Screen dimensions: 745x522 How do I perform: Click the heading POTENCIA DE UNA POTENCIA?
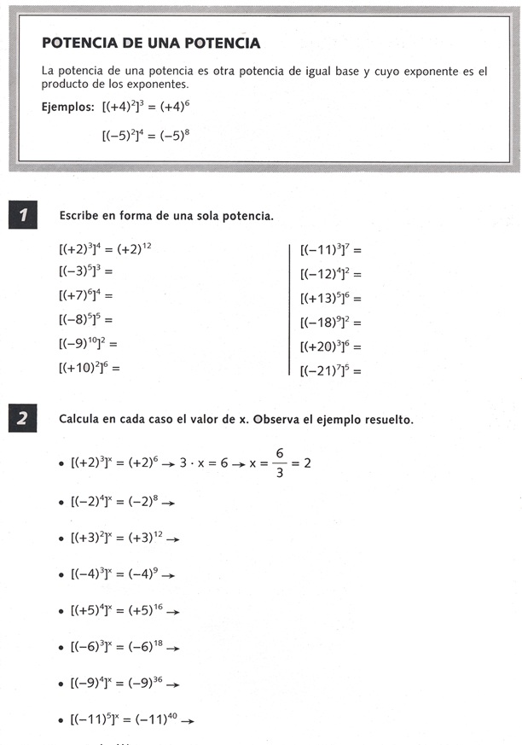click(x=151, y=44)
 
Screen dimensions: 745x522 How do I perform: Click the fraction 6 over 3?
click(x=279, y=463)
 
